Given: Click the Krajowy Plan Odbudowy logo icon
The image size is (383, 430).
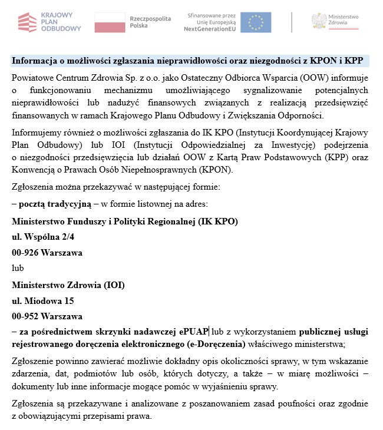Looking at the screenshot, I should [27, 22].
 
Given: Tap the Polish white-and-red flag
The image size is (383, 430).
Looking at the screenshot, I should [110, 22].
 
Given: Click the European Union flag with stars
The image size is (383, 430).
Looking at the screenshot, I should [256, 22].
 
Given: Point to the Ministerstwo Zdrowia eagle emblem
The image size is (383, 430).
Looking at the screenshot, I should [321, 22].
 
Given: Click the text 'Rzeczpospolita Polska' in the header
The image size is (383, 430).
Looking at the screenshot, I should [150, 22].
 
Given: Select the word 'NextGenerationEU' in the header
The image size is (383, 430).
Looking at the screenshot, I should [210, 28].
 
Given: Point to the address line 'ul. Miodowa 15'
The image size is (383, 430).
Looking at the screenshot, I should [43, 300].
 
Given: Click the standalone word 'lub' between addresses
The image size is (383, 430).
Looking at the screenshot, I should [18, 268].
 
